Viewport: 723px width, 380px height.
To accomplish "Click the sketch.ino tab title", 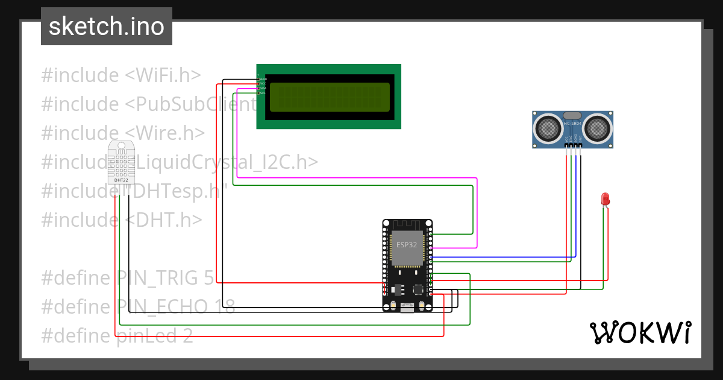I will (107, 27).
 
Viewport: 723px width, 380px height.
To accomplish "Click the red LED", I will (606, 199).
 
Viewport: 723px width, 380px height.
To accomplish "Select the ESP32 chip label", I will (405, 245).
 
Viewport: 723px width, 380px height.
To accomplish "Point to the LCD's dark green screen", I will (330, 98).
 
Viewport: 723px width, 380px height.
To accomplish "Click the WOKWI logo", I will (640, 332).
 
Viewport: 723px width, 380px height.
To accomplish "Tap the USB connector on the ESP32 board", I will (407, 306).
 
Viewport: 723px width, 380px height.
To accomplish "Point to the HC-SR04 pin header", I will (573, 145).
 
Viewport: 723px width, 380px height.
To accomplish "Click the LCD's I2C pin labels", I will (262, 86).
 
